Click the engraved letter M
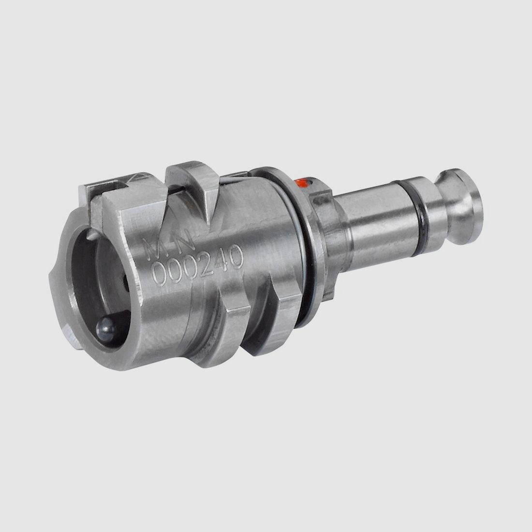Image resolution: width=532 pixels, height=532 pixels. [154, 248]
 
